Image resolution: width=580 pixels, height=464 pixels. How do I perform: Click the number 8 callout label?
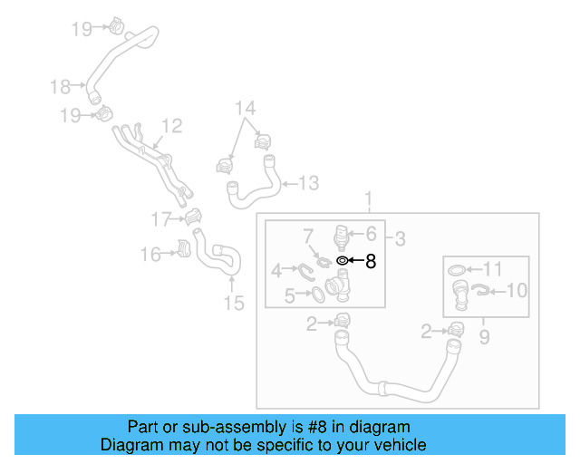tap(370, 262)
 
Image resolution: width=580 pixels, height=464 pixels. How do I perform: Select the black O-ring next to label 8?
tap(342, 261)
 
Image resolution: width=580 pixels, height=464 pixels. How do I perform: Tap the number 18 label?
tap(60, 87)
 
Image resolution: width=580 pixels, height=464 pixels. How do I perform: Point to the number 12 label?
tap(172, 126)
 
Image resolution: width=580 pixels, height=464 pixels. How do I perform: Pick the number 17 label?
tap(160, 218)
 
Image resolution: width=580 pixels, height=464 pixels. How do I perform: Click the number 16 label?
tap(150, 256)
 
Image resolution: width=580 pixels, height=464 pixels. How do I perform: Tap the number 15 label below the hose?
tap(234, 303)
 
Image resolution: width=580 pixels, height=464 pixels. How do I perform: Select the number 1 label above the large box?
tap(369, 198)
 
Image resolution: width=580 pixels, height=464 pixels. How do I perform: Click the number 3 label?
tap(400, 239)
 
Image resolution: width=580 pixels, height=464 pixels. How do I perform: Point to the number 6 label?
tap(370, 233)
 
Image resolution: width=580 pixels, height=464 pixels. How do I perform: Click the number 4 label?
tap(276, 269)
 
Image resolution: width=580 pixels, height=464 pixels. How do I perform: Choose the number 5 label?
tap(289, 295)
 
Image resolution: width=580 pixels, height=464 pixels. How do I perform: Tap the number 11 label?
tap(491, 268)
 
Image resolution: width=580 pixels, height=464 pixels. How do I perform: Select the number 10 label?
tap(517, 291)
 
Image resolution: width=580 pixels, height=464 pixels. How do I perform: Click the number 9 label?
tap(484, 337)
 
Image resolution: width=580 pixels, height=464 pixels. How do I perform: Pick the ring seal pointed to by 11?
tap(459, 270)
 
